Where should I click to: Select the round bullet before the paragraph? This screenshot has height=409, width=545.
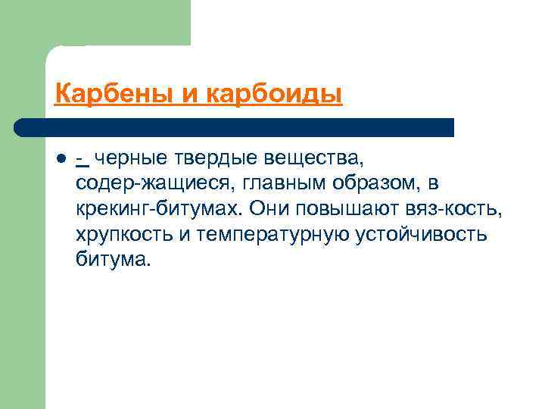click(x=60, y=160)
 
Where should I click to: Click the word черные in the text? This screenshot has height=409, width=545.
click(x=129, y=159)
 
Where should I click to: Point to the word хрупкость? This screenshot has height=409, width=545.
click(x=124, y=235)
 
